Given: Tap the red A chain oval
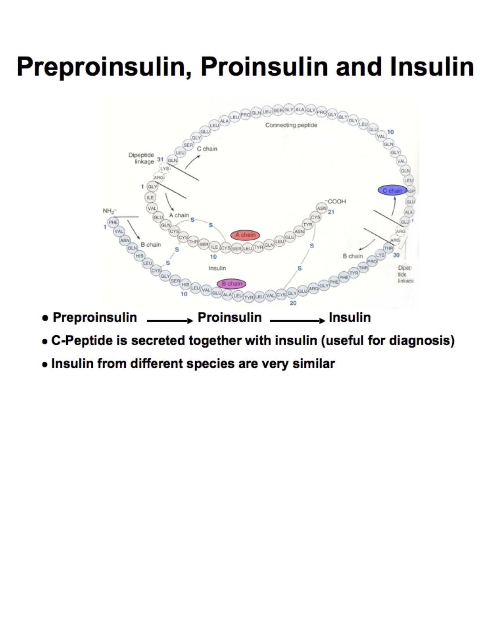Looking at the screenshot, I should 245,235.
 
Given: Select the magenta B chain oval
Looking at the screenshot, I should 232,284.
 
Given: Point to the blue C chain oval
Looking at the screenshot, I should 392,191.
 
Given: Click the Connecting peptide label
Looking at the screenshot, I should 291,125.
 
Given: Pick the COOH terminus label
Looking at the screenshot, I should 336,201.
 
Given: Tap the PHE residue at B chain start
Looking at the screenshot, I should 113,222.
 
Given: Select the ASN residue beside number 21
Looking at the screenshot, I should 322,208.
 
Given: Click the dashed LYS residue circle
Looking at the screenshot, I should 165,169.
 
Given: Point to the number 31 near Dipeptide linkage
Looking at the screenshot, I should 160,160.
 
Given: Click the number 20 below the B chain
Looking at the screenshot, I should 293,303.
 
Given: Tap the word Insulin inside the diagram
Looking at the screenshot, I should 217,268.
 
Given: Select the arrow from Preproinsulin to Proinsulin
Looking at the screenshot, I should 170,321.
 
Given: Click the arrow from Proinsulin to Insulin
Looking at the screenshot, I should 297,321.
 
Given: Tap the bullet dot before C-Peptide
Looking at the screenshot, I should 45,341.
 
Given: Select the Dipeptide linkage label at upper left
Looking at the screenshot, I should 141,158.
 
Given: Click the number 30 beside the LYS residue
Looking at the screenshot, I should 396,255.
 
